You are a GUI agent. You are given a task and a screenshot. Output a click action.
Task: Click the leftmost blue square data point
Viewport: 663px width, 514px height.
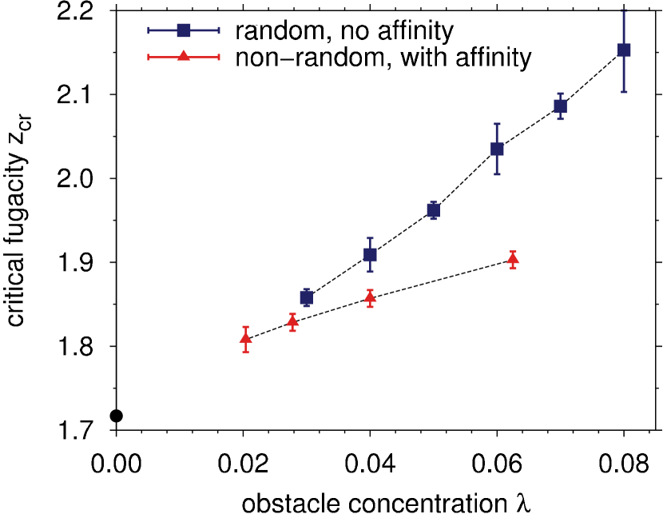(306, 297)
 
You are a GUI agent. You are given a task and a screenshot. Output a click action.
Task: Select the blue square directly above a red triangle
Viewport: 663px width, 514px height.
(370, 255)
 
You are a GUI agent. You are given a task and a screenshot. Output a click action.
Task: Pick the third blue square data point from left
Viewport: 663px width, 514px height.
(433, 210)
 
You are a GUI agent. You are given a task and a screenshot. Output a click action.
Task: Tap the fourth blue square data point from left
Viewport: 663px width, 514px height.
(497, 149)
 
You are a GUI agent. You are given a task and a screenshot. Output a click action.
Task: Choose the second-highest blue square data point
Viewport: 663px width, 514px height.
(560, 106)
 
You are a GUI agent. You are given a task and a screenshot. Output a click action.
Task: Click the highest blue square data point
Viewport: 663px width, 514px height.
(624, 50)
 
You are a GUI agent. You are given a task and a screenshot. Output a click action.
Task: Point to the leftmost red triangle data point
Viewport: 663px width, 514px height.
(245, 338)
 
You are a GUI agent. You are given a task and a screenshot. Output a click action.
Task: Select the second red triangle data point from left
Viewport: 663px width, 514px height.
(292, 321)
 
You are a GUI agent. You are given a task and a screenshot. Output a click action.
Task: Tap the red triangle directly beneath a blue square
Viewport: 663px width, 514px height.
(370, 297)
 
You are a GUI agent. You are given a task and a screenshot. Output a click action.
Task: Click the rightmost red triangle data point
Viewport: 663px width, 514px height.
(513, 258)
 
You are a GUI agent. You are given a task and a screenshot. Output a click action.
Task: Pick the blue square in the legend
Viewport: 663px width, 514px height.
(184, 30)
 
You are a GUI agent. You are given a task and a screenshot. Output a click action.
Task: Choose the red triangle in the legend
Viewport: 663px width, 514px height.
(184, 56)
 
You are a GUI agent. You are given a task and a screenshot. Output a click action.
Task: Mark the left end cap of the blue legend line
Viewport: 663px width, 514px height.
(149, 30)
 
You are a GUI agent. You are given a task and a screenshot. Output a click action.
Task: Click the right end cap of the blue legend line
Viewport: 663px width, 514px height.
(219, 30)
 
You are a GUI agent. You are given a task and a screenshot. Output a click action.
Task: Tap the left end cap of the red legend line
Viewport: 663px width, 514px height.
(149, 57)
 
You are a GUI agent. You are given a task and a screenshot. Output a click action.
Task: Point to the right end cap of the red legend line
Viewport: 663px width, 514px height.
(219, 57)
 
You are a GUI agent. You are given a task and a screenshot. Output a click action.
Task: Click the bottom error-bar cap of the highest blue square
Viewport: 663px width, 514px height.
(624, 92)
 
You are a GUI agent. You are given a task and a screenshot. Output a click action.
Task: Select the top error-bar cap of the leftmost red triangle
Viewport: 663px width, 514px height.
(245, 327)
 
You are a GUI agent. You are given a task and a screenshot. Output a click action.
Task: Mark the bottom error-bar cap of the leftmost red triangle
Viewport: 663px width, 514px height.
(245, 351)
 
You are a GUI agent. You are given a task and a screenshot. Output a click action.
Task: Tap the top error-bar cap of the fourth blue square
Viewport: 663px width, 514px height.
(497, 124)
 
